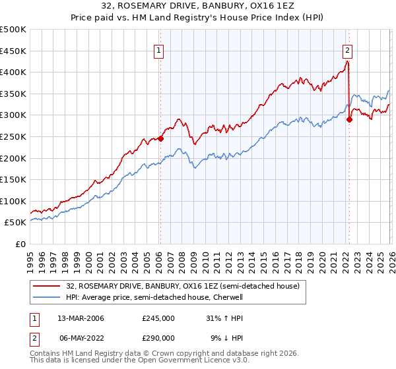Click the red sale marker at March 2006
point(160,139)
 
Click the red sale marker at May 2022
point(349,119)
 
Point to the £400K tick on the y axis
point(13,72)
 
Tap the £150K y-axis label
point(13,179)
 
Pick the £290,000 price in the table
point(158,338)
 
